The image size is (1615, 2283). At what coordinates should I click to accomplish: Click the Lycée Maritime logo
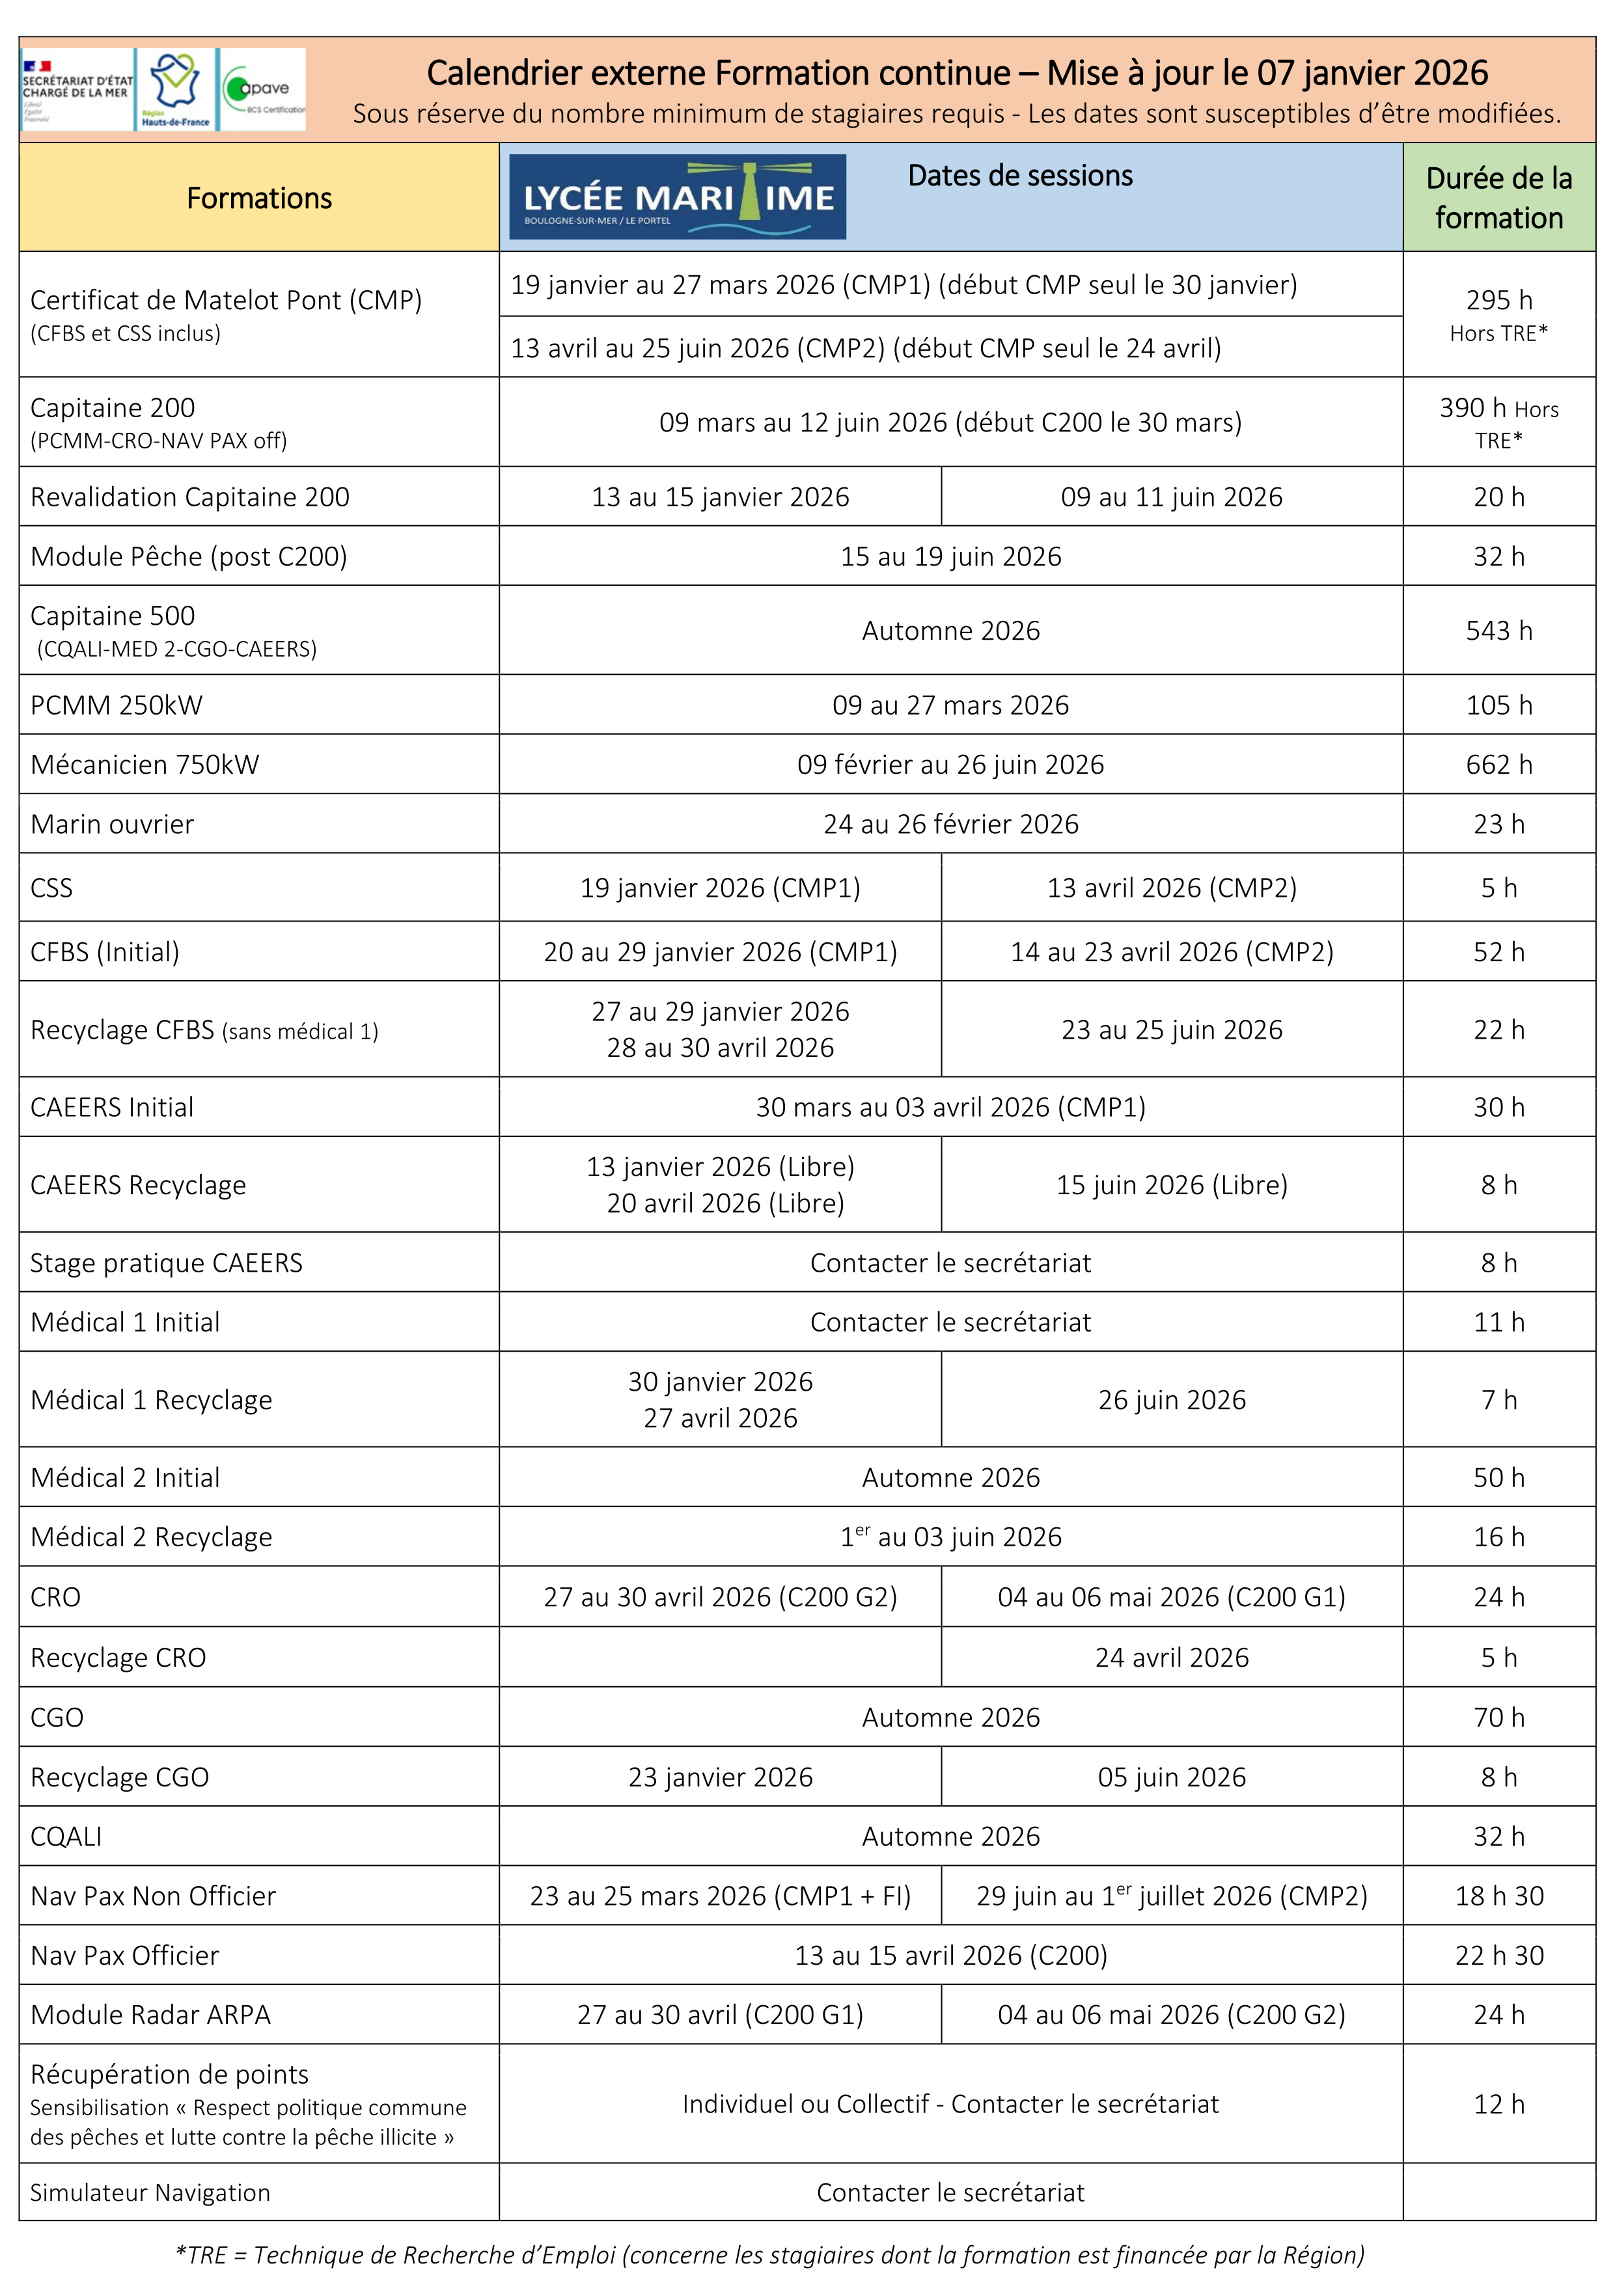pyautogui.click(x=677, y=197)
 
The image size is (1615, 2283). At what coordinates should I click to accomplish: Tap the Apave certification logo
pyautogui.click(x=262, y=90)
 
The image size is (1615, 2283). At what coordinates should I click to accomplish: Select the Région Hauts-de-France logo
pyautogui.click(x=175, y=90)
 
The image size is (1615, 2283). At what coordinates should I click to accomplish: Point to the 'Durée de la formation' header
pyautogui.click(x=1498, y=198)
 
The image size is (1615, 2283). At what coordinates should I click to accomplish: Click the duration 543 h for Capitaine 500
pyautogui.click(x=1498, y=631)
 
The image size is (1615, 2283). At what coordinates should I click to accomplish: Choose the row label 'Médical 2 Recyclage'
pyautogui.click(x=151, y=1537)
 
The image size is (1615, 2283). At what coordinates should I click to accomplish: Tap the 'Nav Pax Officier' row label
pyautogui.click(x=124, y=1955)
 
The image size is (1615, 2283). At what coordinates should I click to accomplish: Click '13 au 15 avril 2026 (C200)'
pyautogui.click(x=950, y=1955)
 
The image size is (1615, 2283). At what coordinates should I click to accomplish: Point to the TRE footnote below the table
pyautogui.click(x=769, y=2254)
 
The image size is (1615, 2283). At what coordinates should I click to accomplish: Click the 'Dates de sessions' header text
pyautogui.click(x=1019, y=176)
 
